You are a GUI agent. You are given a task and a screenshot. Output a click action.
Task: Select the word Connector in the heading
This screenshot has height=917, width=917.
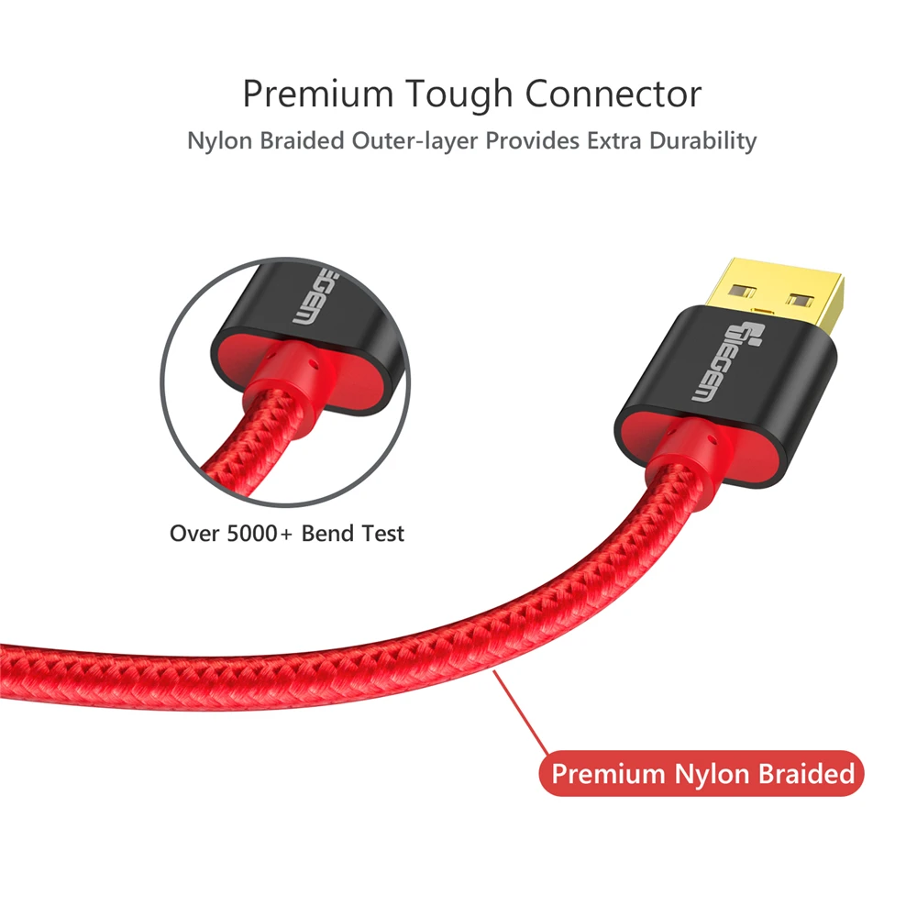point(613,94)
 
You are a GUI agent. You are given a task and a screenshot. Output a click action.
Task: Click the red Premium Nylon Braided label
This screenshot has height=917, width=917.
point(702,774)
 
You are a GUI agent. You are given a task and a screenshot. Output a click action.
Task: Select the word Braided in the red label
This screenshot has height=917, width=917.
point(806,774)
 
